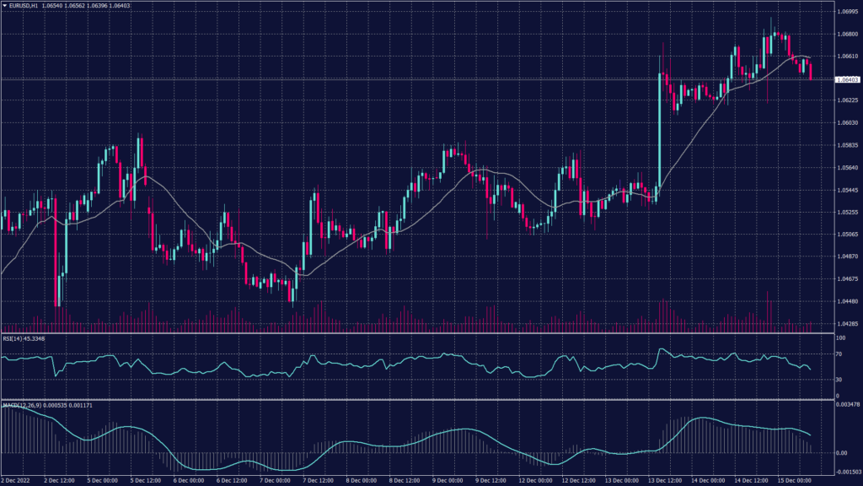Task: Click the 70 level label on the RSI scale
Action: point(839,356)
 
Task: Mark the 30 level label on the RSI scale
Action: point(839,380)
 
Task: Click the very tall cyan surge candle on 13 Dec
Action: point(658,135)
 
